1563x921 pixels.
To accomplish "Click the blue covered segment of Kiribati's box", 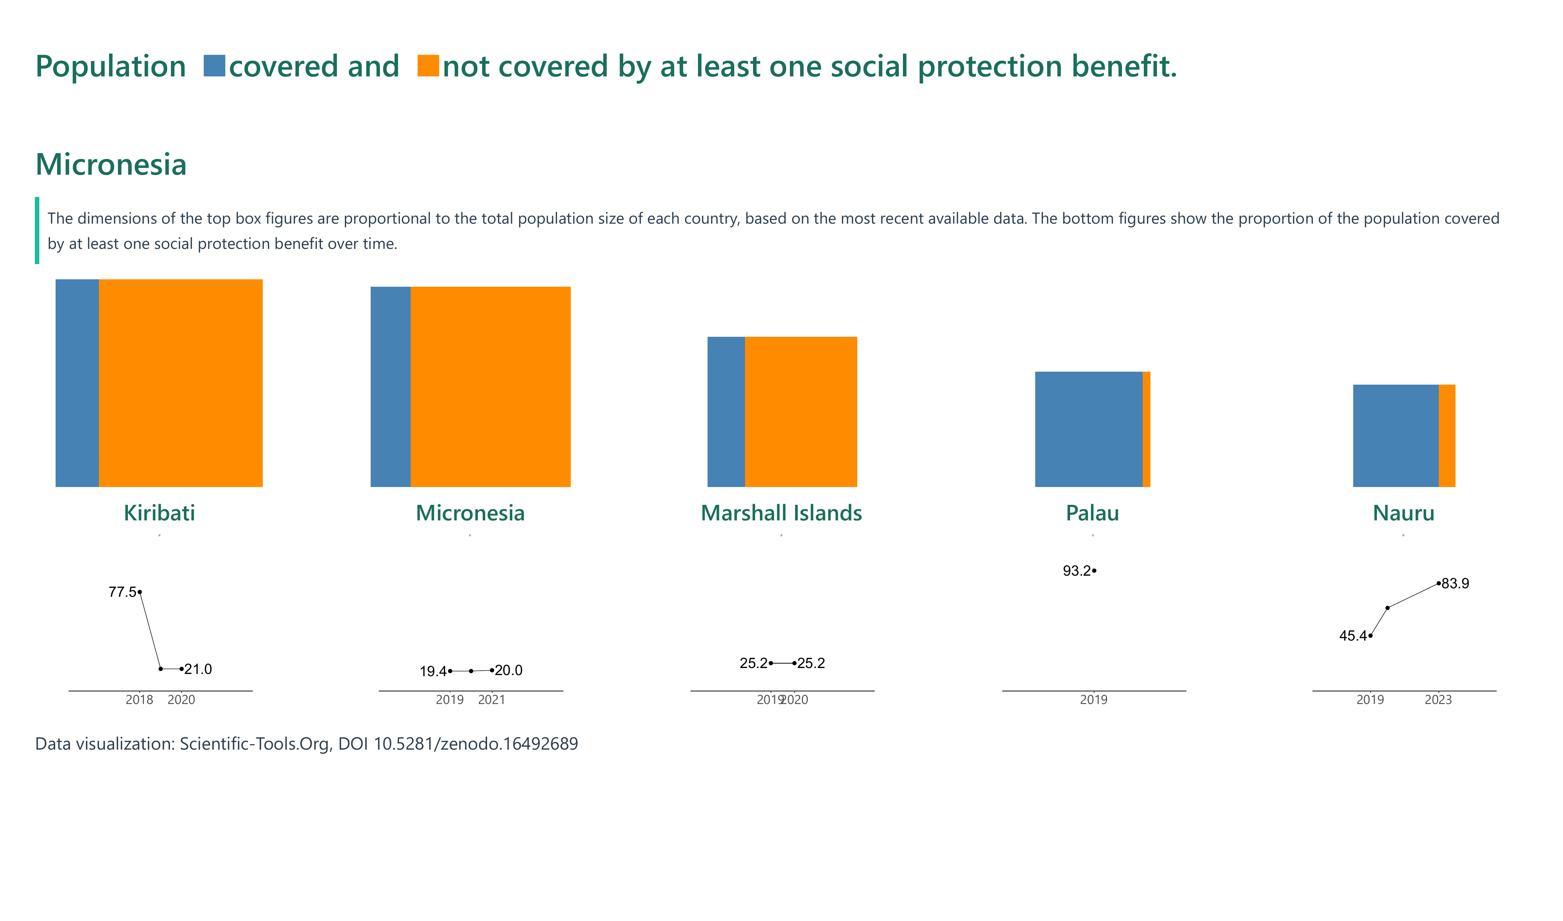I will [x=77, y=383].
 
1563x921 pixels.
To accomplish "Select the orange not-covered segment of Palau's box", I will [x=1146, y=430].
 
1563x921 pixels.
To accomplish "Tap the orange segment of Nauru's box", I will [x=1446, y=436].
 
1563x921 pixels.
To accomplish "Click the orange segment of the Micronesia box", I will [x=490, y=387].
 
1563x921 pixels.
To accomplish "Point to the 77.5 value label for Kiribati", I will [x=122, y=592].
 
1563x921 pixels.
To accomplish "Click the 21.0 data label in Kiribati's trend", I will [x=198, y=669].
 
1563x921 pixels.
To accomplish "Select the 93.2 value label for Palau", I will [x=1076, y=571].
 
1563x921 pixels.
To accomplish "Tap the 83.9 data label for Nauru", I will [x=1455, y=583].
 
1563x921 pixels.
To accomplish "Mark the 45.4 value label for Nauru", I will [x=1353, y=635].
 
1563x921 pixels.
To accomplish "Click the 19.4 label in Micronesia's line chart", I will [x=433, y=671].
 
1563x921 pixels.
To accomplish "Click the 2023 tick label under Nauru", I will [x=1438, y=700].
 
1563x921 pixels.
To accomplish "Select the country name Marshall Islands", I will [x=781, y=513].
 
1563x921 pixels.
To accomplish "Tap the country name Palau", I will [x=1092, y=513].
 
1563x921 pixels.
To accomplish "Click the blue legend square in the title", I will [x=214, y=66].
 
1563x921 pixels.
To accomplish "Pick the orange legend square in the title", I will [x=428, y=66].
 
